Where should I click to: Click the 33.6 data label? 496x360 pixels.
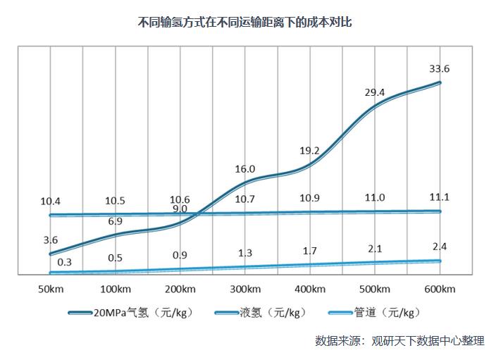440,68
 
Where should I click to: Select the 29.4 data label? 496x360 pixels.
375,92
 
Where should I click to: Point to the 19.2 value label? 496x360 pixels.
310,151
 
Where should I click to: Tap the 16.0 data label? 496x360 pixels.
245,169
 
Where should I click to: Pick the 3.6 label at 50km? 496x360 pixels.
50,240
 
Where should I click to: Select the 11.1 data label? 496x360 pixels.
440,197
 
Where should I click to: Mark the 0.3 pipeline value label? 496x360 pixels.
65,262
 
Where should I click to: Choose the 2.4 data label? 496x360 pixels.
440,247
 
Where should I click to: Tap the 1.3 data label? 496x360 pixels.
245,253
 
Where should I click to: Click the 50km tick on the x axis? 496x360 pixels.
50,289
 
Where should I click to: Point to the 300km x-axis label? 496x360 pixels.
244,289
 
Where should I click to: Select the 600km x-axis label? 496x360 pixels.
440,289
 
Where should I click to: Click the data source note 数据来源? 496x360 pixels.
399,340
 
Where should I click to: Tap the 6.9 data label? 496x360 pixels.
115,221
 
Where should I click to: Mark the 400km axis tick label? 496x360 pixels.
310,289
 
